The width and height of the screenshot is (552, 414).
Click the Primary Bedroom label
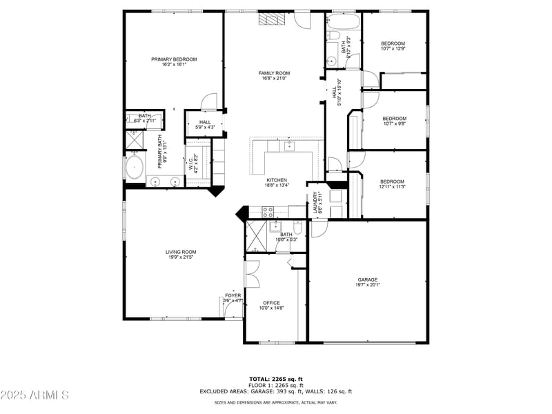(174, 59)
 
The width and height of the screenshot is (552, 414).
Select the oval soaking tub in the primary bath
(135, 168)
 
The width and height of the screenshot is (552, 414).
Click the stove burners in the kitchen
(268, 211)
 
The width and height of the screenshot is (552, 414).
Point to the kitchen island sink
(290, 146)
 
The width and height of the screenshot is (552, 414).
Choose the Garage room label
(367, 279)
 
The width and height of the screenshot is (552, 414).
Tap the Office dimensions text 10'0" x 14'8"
(271, 308)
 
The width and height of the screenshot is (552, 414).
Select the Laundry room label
(315, 203)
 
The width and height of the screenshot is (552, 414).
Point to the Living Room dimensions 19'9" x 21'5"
(181, 257)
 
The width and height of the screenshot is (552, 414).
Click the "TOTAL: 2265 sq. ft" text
(275, 379)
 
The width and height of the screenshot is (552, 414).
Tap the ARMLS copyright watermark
(34, 395)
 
